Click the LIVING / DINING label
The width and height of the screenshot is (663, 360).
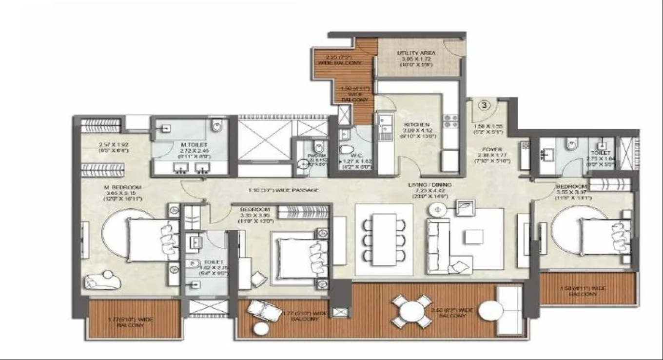tap(430, 185)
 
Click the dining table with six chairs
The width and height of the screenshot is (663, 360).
tap(384, 239)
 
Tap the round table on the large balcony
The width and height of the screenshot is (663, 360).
tap(412, 311)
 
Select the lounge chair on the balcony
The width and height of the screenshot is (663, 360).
tap(264, 311)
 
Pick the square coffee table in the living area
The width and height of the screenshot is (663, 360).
tap(473, 237)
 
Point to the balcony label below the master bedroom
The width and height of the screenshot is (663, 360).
tap(130, 322)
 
